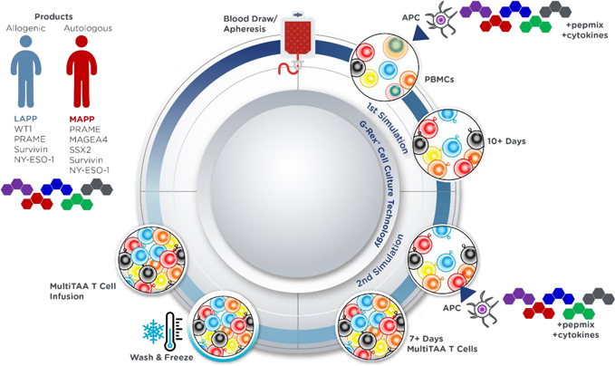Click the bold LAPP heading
28,118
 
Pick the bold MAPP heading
82,118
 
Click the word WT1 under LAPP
24,130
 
